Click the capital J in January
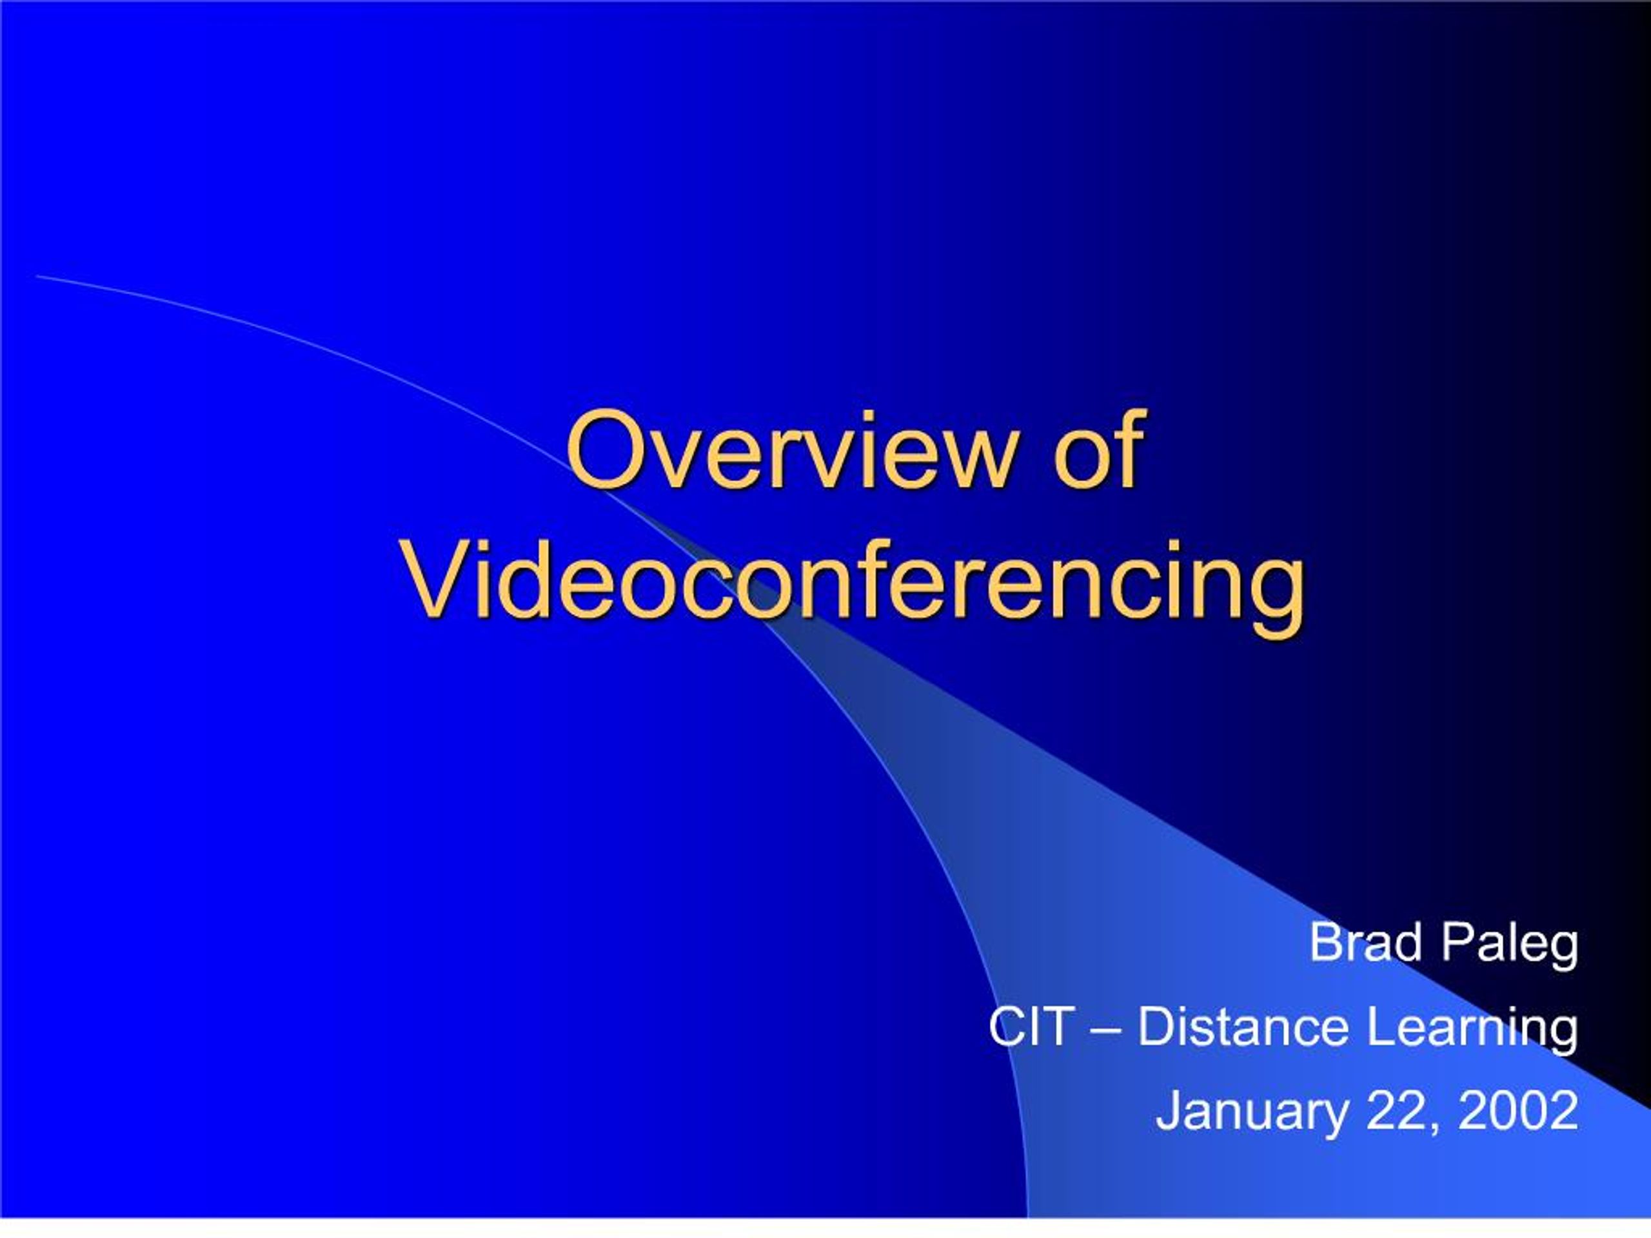1170,1110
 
